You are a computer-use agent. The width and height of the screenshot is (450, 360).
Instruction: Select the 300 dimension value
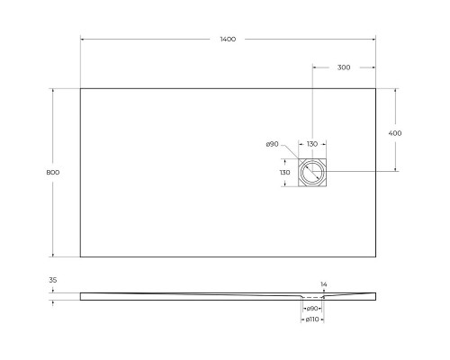(x=344, y=67)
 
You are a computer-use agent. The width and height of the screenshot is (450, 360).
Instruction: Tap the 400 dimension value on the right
(x=395, y=132)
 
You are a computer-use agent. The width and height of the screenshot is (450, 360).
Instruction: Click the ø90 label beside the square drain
(x=271, y=144)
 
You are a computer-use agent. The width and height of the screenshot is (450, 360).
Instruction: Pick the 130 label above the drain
(x=311, y=144)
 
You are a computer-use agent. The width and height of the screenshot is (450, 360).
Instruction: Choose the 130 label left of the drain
(x=284, y=173)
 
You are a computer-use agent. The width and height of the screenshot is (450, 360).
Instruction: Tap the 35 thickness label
(x=52, y=280)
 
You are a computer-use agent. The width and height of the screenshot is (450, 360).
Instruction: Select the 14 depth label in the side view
(x=324, y=284)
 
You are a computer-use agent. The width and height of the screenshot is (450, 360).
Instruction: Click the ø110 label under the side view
(x=311, y=319)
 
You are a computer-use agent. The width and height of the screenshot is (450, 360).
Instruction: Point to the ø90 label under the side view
(x=311, y=308)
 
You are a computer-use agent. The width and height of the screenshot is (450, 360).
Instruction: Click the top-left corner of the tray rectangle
(x=80, y=87)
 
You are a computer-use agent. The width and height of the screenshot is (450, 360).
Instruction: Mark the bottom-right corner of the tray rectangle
(x=375, y=257)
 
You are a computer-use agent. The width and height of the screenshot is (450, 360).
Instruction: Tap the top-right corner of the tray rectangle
(x=375, y=87)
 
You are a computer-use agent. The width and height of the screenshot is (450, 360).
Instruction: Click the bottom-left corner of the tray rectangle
(x=80, y=257)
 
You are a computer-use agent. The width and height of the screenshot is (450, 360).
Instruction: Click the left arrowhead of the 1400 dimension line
(x=83, y=40)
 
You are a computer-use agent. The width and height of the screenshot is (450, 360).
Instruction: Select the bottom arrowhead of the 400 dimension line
(x=395, y=169)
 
